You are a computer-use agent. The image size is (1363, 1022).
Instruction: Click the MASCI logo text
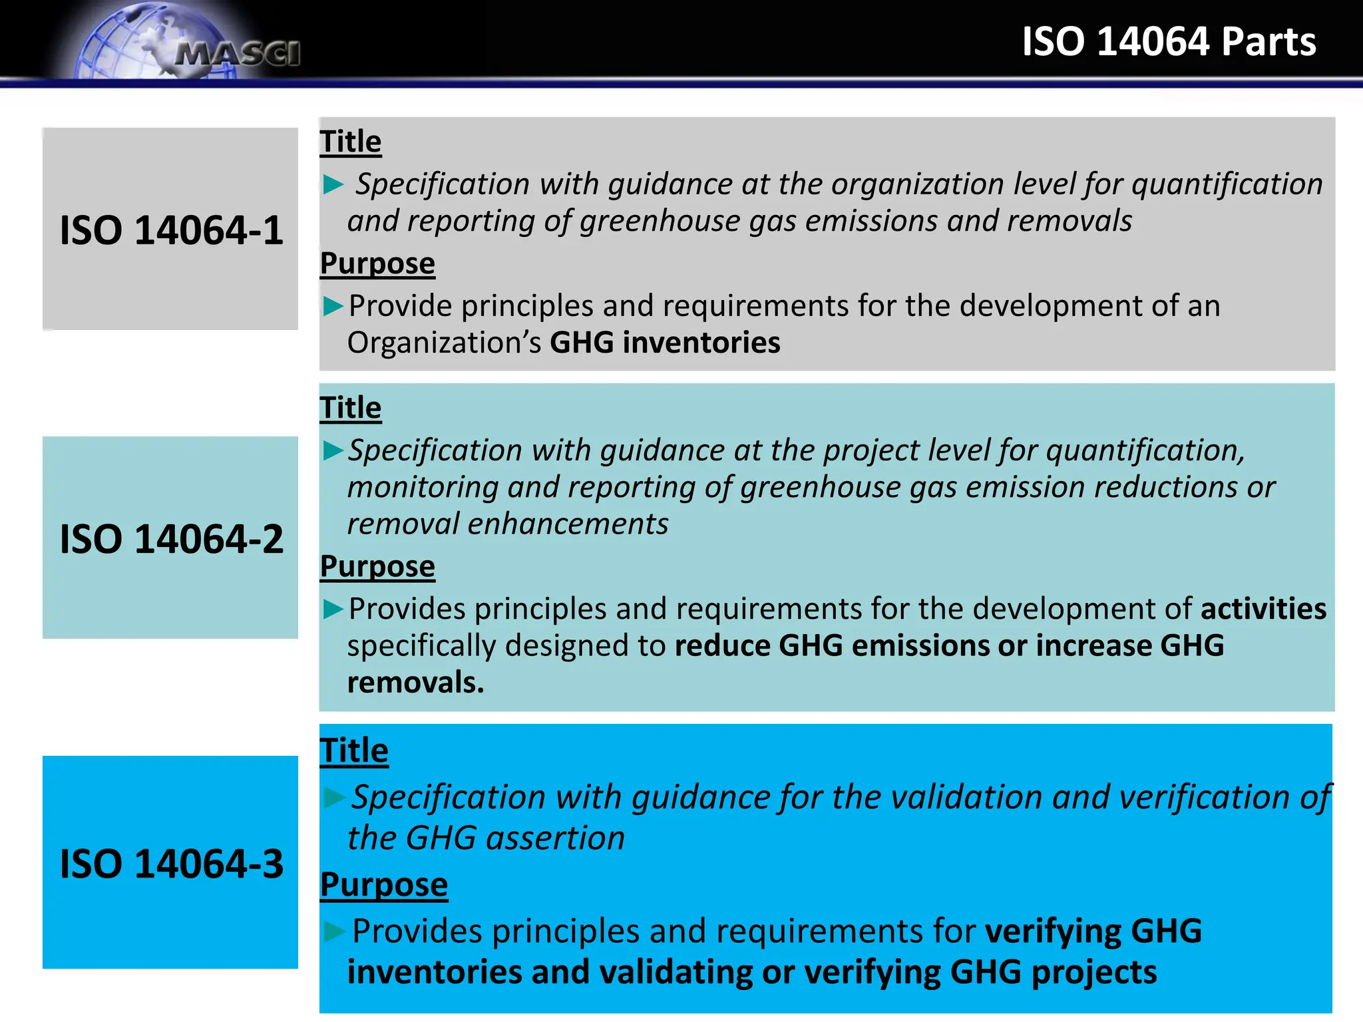[x=238, y=54]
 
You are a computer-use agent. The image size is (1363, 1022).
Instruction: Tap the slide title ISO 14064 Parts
[x=1169, y=41]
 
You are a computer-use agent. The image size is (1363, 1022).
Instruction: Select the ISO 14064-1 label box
[x=170, y=229]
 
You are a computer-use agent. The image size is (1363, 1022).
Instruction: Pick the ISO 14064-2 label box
[x=170, y=538]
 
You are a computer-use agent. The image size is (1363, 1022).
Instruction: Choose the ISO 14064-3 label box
[x=170, y=862]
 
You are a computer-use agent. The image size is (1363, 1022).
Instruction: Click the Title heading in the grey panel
[x=351, y=142]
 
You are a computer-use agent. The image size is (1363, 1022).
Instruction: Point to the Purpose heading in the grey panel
[x=377, y=263]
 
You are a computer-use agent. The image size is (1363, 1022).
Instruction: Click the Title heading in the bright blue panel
[x=354, y=751]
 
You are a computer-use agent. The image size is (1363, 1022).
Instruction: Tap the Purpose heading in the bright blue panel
[x=384, y=885]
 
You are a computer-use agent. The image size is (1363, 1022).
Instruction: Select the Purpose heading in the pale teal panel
[x=377, y=567]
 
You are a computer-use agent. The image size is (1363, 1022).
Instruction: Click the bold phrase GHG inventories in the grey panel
[x=665, y=343]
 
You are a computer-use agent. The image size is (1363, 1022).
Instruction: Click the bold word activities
[x=1263, y=609]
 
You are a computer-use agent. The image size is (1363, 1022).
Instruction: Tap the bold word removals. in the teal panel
[x=415, y=683]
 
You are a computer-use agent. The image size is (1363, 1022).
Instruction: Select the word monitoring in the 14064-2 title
[x=422, y=488]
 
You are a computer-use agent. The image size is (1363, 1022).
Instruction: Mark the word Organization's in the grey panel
[x=444, y=343]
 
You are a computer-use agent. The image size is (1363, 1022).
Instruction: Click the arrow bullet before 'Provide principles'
[x=333, y=306]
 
